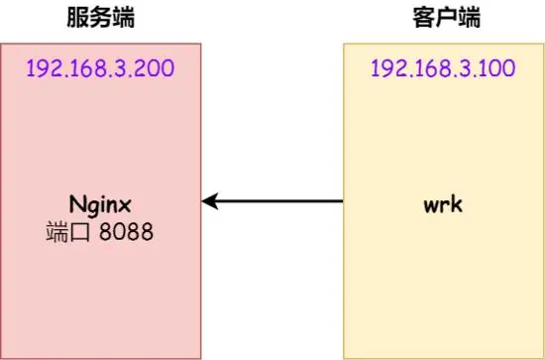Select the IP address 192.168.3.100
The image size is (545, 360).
click(x=442, y=68)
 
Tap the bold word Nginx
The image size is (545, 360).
click(x=101, y=205)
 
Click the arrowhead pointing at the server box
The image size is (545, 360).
click(x=208, y=202)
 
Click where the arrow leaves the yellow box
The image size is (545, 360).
click(x=343, y=202)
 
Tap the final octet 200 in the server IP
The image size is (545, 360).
click(x=155, y=68)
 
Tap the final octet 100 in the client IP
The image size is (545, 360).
click(x=497, y=68)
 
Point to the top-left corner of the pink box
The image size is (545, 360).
click(x=1, y=44)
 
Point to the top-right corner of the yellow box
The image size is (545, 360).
click(x=543, y=44)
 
